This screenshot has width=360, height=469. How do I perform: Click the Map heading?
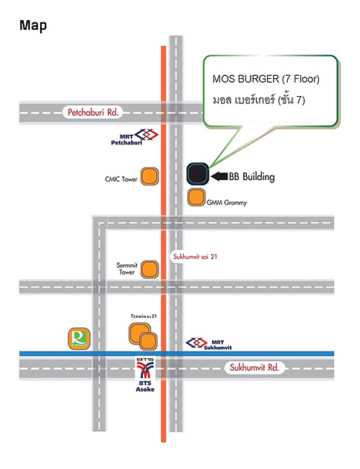click(x=33, y=26)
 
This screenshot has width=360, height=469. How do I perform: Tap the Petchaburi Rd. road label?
click(x=93, y=112)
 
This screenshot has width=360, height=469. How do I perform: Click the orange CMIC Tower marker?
click(x=150, y=176)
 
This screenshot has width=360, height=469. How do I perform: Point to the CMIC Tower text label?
click(x=121, y=179)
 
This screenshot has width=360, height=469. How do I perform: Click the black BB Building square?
click(x=197, y=173)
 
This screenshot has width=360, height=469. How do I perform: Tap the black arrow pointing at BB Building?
click(x=219, y=176)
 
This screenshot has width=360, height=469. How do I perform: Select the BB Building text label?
click(x=252, y=176)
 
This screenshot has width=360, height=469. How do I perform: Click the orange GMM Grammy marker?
click(x=196, y=197)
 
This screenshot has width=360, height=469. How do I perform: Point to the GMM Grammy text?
click(x=227, y=202)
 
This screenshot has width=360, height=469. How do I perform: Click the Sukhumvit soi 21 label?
click(x=195, y=257)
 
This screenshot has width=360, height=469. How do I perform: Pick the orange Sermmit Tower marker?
click(x=150, y=269)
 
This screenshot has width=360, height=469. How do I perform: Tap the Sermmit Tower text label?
click(x=127, y=269)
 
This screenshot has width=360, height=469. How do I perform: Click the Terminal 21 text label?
click(x=144, y=316)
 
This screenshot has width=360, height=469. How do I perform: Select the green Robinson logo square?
click(x=79, y=339)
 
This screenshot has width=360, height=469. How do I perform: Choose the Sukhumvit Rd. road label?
click(x=254, y=367)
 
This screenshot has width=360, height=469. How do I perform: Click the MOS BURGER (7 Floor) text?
click(x=266, y=79)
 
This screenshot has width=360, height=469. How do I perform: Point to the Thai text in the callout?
click(x=259, y=99)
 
